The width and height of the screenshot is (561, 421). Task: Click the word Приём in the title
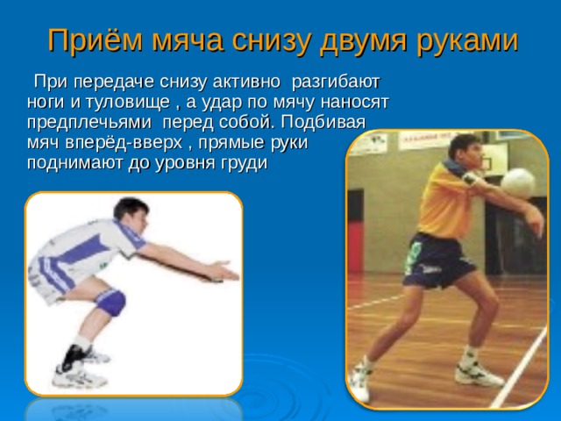(x=96, y=40)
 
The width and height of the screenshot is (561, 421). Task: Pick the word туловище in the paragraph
(x=127, y=103)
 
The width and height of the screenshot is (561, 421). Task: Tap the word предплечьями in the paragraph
(x=89, y=123)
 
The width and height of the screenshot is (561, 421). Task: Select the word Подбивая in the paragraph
(x=323, y=122)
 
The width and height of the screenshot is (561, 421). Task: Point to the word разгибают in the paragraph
(x=335, y=82)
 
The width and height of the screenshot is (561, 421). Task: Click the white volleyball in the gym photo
(x=517, y=183)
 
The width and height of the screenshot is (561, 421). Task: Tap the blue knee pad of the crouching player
(x=110, y=302)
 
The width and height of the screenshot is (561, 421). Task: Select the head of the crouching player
(x=131, y=215)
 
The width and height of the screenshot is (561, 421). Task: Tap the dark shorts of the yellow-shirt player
(x=437, y=260)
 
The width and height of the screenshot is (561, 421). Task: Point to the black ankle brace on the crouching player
(x=73, y=357)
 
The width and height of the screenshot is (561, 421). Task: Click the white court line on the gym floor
(x=518, y=368)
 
